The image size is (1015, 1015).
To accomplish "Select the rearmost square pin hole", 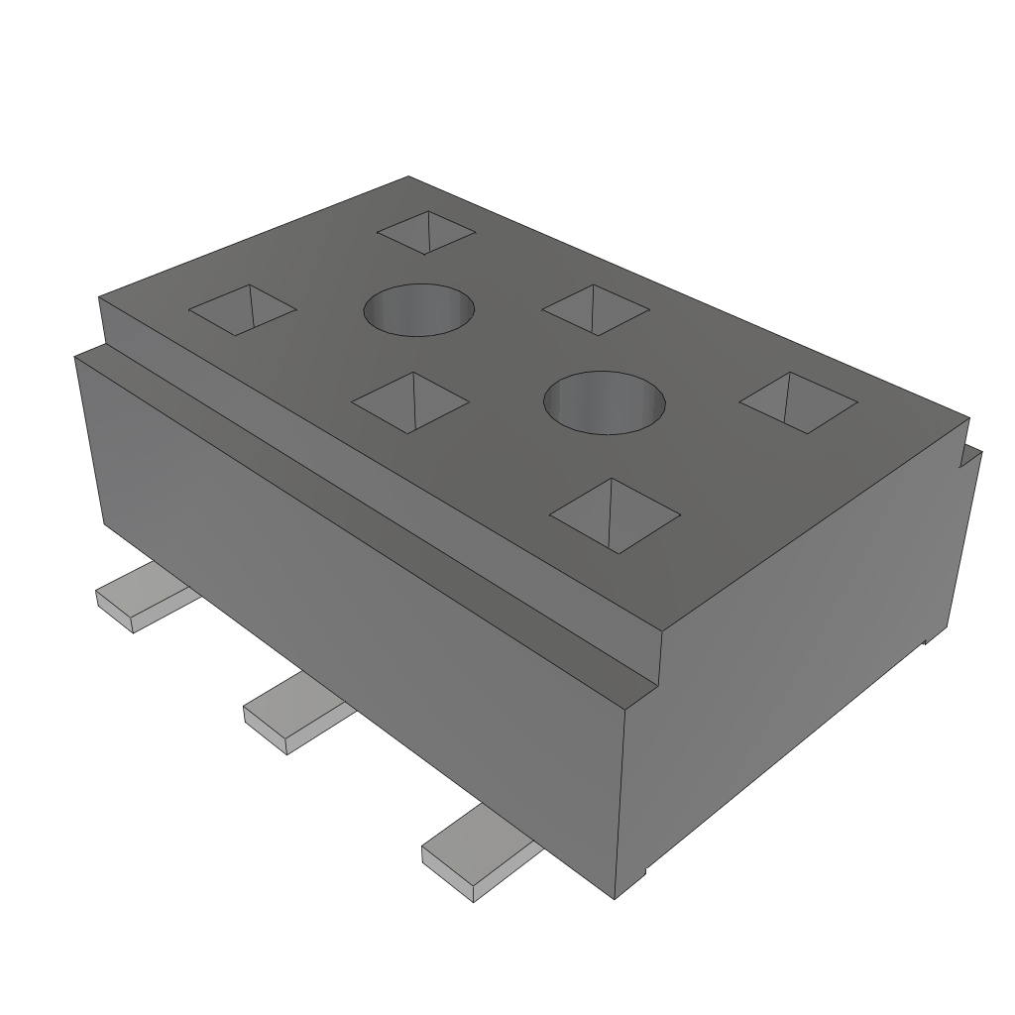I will pos(426,233).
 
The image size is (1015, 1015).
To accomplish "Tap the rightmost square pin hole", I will pos(798,402).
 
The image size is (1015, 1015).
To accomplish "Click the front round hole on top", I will pos(605,402).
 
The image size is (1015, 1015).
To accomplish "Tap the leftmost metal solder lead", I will pos(144,596).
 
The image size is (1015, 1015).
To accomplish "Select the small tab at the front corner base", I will pos(643,873).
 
